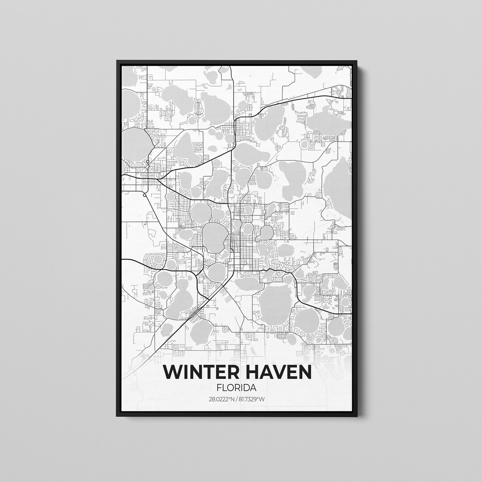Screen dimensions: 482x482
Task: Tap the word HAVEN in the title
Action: tap(276, 373)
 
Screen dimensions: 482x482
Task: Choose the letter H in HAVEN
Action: tap(249, 373)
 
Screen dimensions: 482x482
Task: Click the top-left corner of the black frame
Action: tap(117, 61)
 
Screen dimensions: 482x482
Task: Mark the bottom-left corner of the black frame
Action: tap(117, 416)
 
